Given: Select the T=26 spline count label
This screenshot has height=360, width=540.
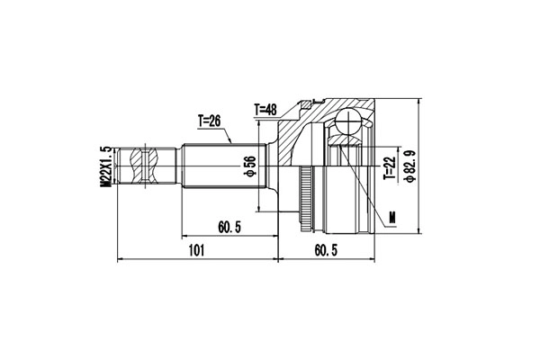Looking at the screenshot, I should [212, 122].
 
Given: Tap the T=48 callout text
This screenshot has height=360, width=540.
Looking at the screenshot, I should [267, 110].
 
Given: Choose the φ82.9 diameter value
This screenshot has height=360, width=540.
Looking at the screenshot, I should [409, 166].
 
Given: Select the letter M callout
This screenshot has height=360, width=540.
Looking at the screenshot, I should [393, 216].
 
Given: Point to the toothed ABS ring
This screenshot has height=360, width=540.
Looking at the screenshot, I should [310, 193].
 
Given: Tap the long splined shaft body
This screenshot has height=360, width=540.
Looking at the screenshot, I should [220, 166].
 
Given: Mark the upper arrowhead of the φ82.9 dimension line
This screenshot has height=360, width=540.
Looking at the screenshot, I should [418, 99].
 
